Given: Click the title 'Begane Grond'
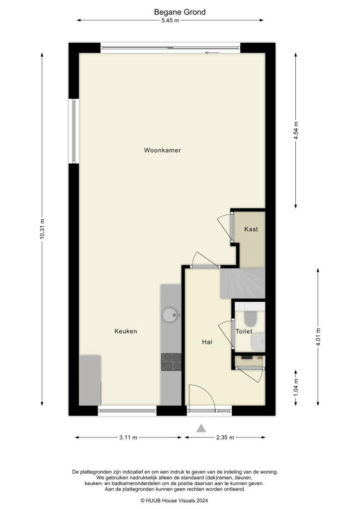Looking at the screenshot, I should [180, 12].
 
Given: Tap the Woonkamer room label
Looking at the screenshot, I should [162, 150].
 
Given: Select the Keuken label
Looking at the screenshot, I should [125, 331].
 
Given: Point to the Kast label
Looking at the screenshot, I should [251, 230].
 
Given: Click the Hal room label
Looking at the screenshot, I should [207, 342].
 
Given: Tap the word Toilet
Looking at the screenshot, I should [244, 331].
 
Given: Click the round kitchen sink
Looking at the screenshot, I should [171, 313].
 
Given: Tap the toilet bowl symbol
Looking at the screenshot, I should [250, 317].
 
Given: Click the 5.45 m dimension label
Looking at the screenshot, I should [170, 20].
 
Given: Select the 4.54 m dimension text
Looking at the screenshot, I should [296, 131].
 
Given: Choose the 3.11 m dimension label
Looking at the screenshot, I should [128, 437].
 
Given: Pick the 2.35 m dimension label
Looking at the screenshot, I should [225, 437].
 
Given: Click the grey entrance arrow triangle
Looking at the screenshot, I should [201, 428].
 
